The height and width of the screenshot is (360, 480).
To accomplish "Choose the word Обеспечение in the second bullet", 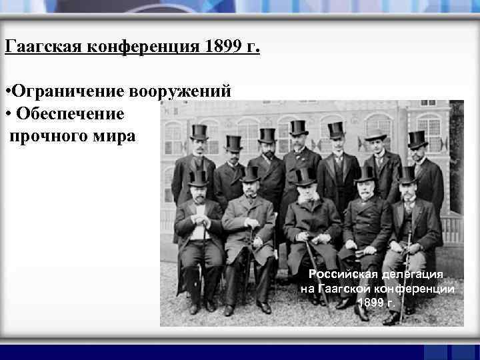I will tap(70, 114).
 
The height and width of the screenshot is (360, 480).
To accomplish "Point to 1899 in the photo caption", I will tap(370, 303).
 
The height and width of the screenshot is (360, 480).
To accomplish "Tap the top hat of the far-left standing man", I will tap(199, 131).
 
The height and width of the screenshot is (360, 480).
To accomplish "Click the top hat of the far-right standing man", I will tap(418, 139).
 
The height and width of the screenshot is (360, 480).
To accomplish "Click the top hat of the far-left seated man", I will tap(198, 177).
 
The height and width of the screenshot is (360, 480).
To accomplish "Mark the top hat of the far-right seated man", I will tap(406, 175).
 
